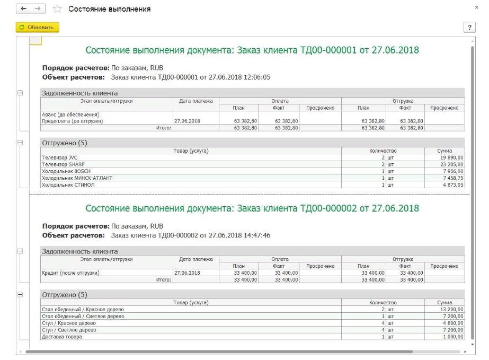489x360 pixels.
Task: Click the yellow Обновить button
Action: [x=37, y=27]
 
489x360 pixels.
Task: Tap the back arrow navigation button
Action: [x=23, y=9]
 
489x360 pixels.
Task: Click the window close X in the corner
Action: [x=476, y=7]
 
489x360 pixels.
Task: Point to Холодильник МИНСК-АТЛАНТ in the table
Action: [x=77, y=178]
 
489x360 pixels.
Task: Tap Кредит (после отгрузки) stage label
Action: [x=70, y=273]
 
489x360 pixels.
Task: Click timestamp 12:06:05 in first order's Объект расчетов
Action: [x=256, y=77]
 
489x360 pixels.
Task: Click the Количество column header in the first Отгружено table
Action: [x=383, y=151]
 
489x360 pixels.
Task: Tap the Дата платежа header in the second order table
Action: [x=195, y=259]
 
